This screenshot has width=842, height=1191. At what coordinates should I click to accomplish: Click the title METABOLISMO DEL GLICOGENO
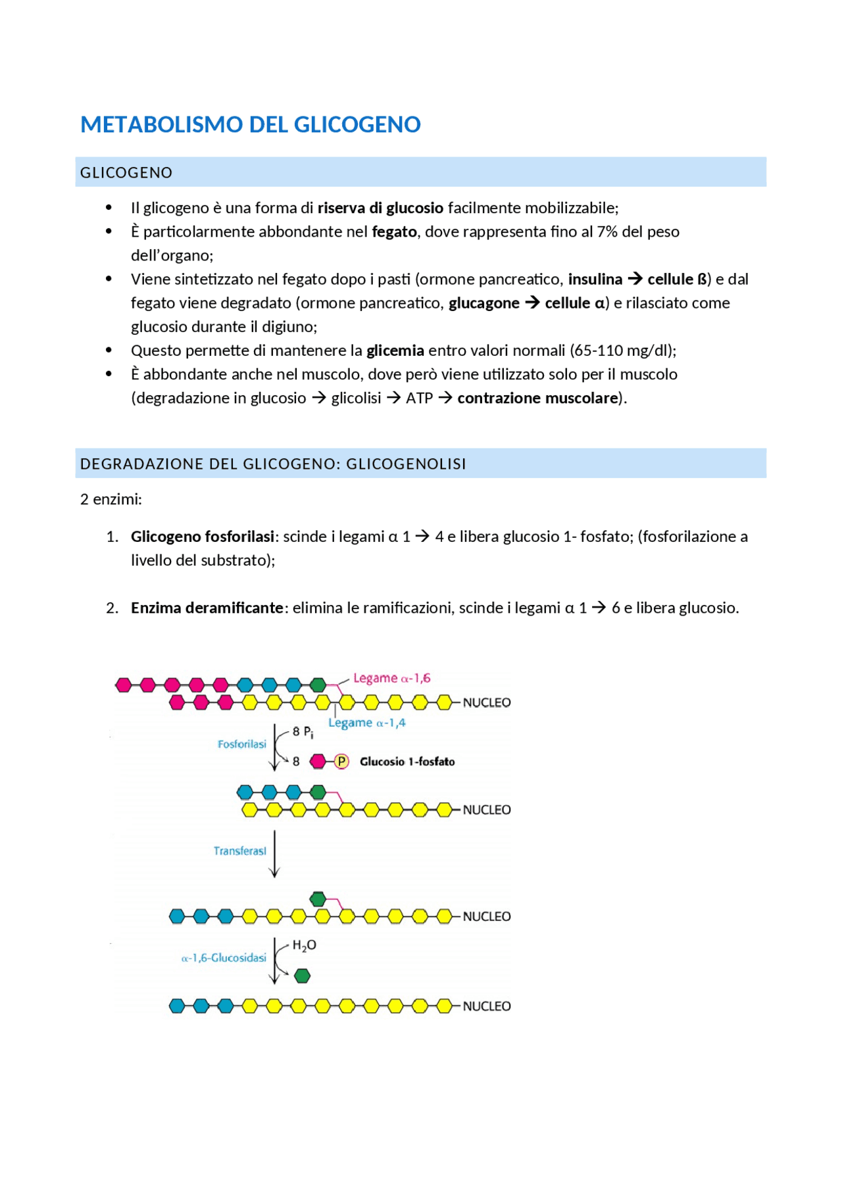point(250,124)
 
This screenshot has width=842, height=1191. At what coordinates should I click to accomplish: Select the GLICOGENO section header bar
point(420,172)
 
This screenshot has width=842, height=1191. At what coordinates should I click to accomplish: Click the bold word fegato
point(394,231)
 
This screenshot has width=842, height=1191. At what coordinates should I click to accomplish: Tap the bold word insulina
point(595,279)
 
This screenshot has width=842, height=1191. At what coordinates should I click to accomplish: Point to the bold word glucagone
point(484,303)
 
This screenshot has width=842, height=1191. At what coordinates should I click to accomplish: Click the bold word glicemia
point(395,350)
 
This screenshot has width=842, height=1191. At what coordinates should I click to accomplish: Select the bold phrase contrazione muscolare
point(537,398)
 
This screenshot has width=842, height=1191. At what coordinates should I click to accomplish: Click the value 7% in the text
point(607,231)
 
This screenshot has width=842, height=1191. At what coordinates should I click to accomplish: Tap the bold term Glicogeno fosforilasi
point(202,536)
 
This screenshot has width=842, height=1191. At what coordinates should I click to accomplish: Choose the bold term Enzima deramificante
point(207,607)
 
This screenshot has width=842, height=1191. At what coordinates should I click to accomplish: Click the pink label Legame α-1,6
point(391,678)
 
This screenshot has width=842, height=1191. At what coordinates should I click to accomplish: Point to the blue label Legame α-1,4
point(367,723)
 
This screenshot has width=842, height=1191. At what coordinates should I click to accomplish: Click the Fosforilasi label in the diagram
point(241,744)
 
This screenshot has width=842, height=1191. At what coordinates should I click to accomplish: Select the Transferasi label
point(239,850)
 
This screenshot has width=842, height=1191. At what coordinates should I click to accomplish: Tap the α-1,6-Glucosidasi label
point(224,958)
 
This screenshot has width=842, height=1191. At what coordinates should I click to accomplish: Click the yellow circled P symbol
point(341,762)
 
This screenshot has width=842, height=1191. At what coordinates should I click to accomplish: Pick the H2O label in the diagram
point(304,945)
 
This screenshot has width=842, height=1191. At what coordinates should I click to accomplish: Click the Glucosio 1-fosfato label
point(407,762)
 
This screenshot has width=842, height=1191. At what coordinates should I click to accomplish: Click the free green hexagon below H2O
point(302,976)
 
